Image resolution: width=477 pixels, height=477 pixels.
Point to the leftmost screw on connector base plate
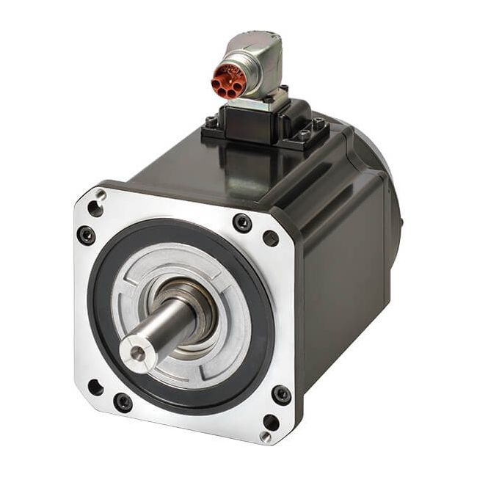coord(212,122)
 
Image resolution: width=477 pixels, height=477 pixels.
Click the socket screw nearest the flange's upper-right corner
coord(242,222)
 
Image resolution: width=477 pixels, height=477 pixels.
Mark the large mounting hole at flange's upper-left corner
coord(95,208)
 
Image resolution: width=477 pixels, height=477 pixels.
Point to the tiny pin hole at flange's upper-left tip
coord(102,194)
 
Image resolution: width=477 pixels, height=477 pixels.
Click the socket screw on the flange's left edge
coord(86,236)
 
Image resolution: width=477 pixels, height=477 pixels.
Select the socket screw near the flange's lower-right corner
coord(281,395)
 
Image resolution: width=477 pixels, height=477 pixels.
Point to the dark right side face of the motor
coord(345,279)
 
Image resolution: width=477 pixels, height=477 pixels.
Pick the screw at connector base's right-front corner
coord(304,135)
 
